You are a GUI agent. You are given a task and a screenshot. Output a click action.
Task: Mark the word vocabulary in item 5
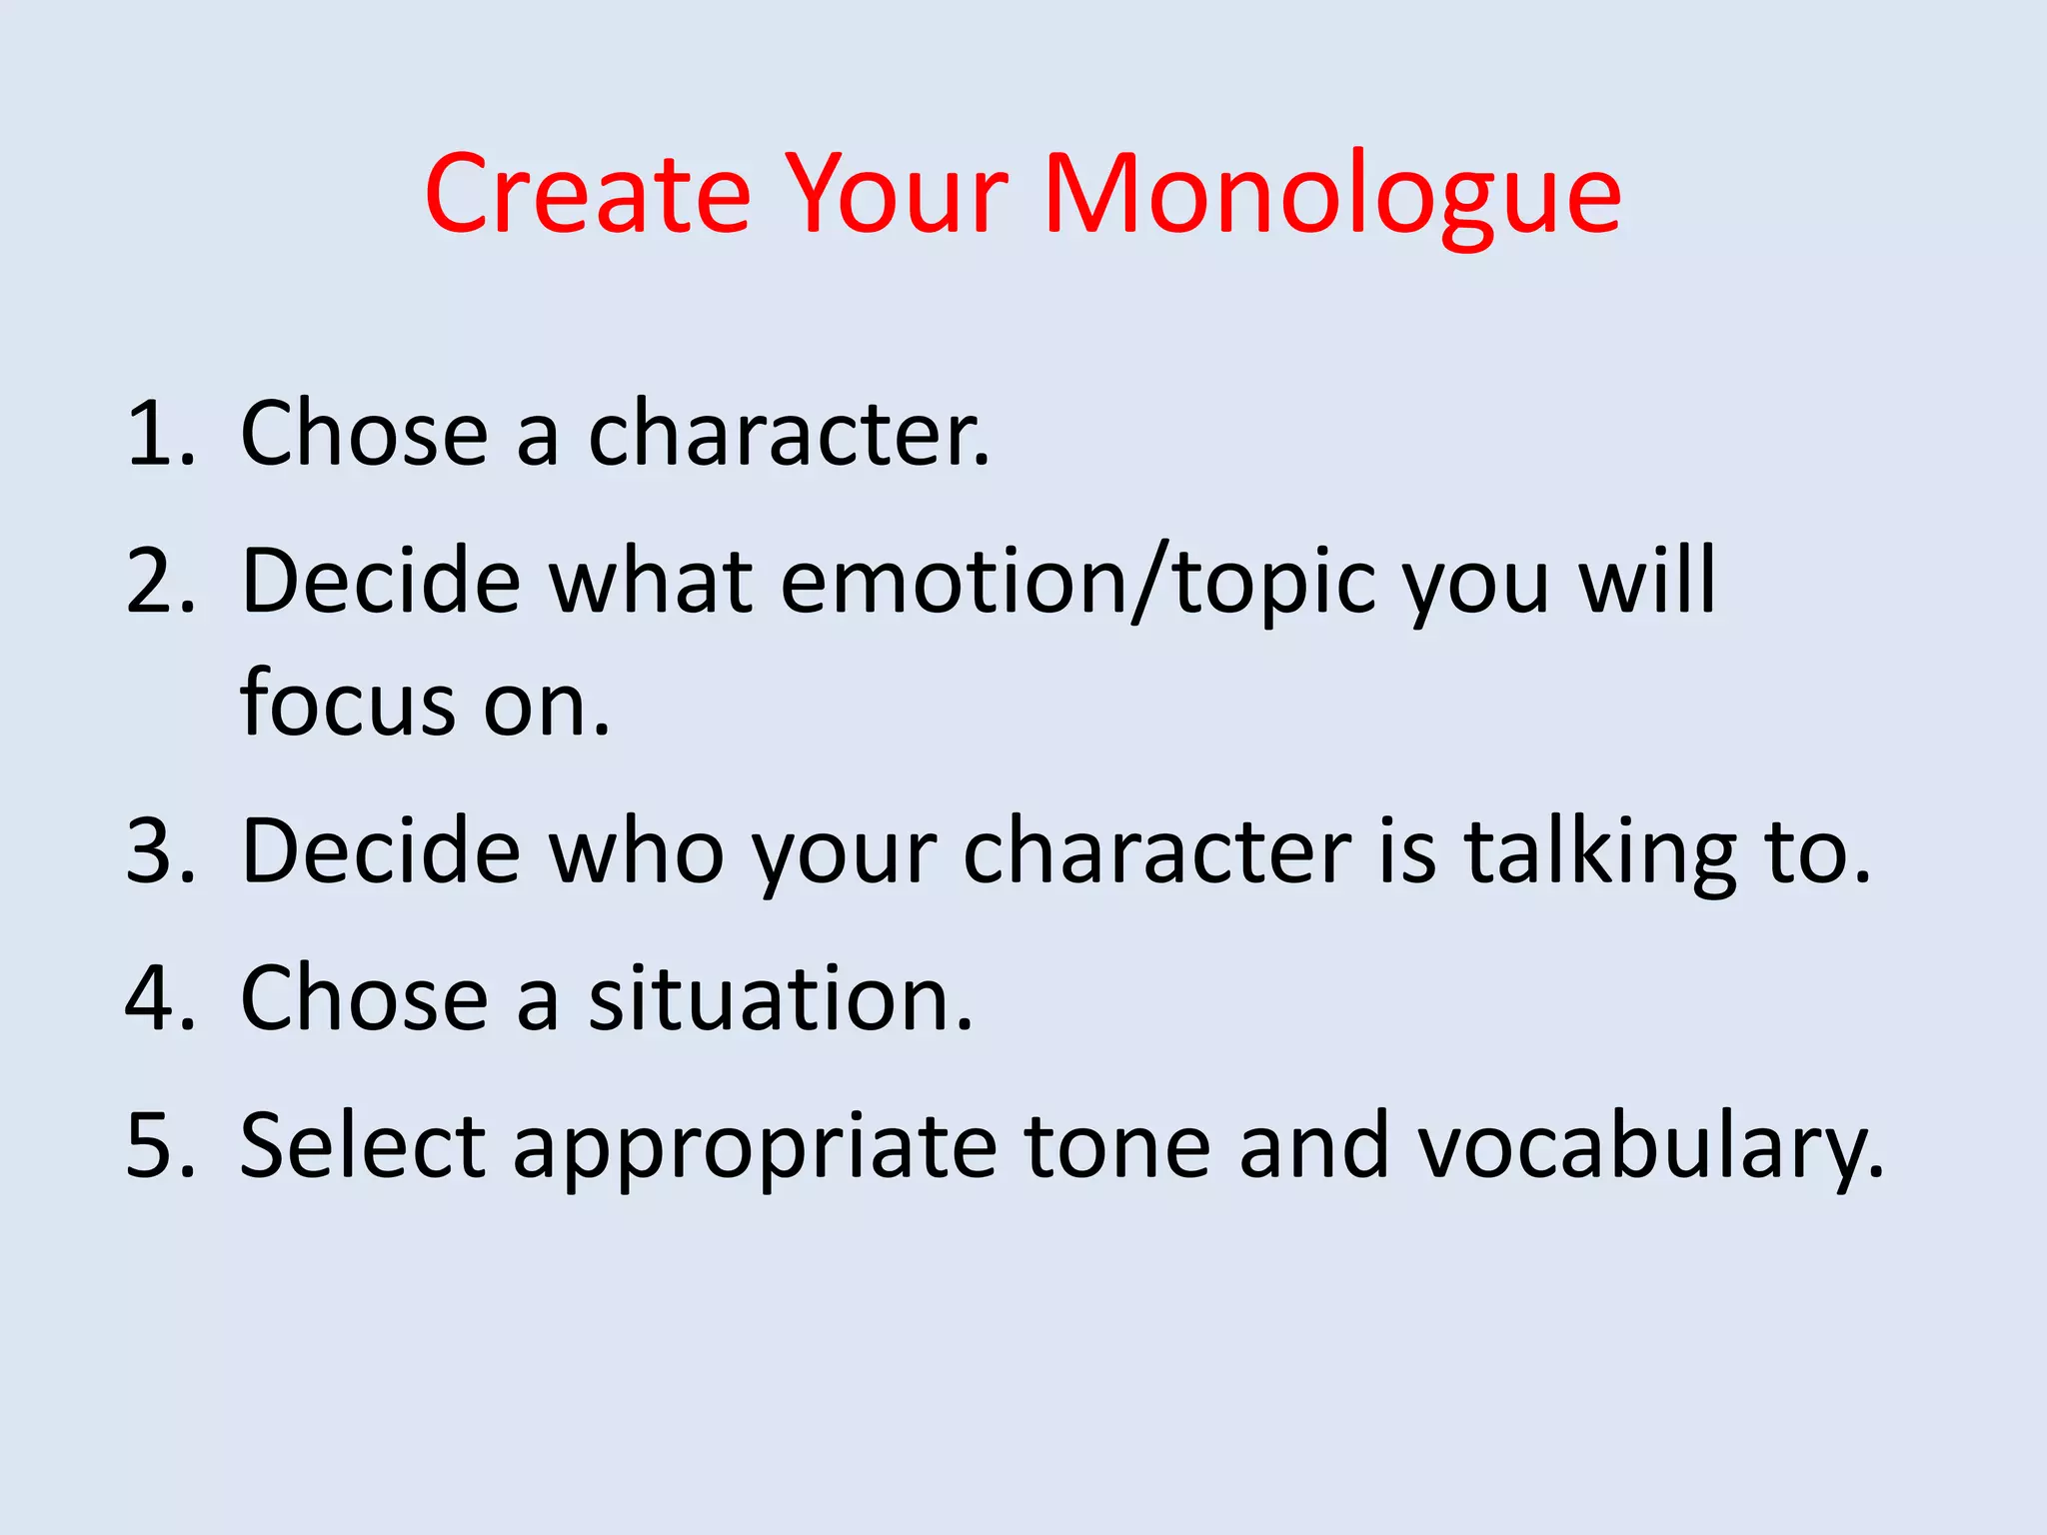pos(1649,1146)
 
